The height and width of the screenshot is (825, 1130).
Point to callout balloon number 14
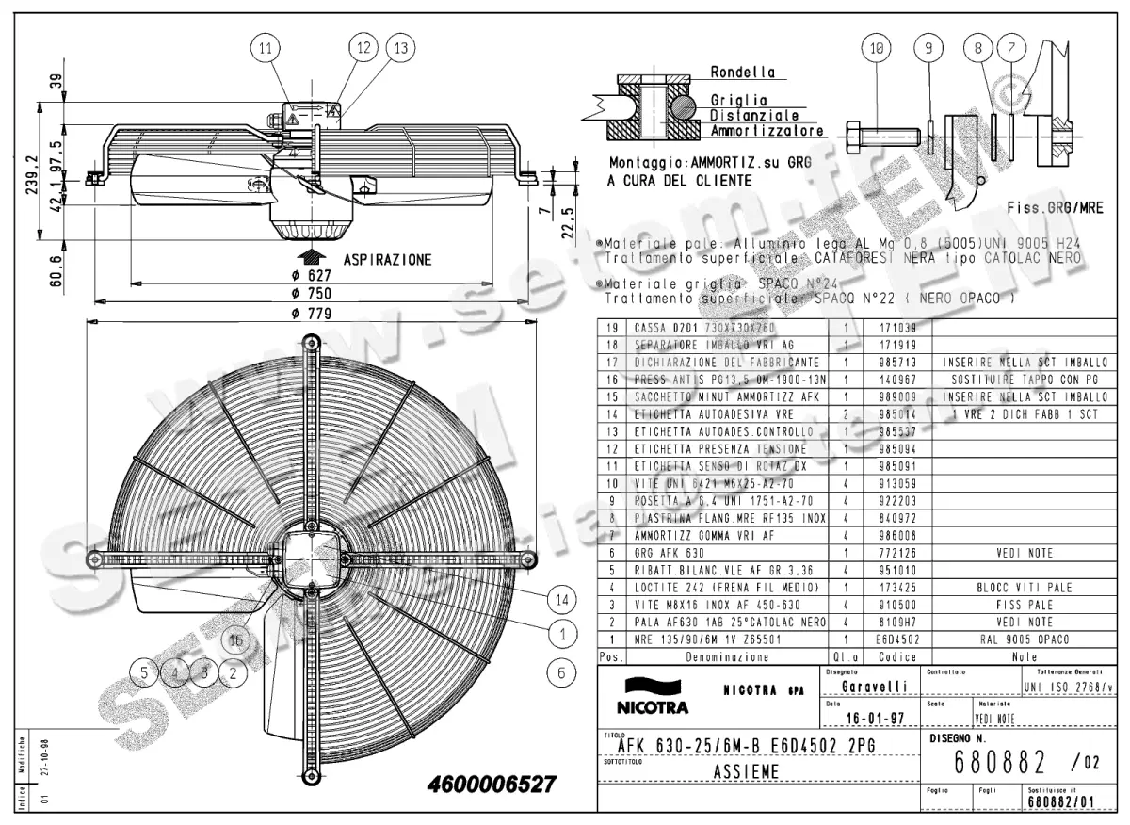pyautogui.click(x=562, y=598)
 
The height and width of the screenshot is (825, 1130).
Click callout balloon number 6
pyautogui.click(x=562, y=672)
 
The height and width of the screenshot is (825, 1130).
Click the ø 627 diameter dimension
pyautogui.click(x=309, y=275)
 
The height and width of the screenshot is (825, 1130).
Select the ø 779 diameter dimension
pyautogui.click(x=309, y=314)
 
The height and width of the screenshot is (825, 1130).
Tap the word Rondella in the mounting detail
pyautogui.click(x=743, y=72)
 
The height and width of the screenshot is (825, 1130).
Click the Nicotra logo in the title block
pyautogui.click(x=652, y=694)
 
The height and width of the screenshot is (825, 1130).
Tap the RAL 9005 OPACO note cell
pyautogui.click(x=1025, y=639)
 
